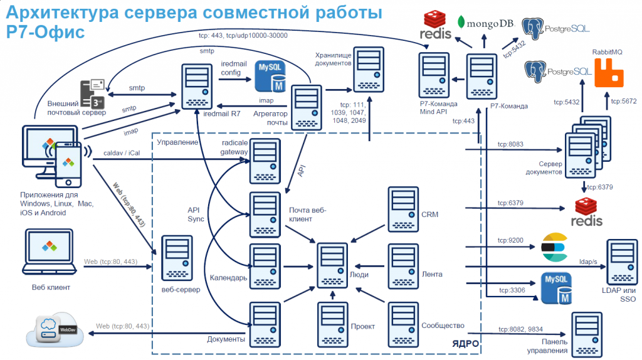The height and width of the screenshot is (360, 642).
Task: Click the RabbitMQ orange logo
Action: point(609,73)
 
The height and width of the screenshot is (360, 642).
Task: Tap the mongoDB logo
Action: point(485,23)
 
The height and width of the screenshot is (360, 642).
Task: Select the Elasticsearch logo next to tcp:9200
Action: point(555,247)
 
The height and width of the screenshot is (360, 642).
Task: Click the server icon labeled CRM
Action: point(403,209)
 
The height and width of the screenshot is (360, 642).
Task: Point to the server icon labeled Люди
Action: point(332,266)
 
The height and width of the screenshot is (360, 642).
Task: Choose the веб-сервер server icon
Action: point(177,258)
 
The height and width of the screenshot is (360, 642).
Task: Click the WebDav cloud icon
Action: point(55,329)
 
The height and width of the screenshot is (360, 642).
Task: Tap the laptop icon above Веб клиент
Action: point(49,251)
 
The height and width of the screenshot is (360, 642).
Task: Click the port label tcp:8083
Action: point(510,144)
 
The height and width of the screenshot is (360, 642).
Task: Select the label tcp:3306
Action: point(512,290)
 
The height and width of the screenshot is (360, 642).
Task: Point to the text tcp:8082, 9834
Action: point(520,329)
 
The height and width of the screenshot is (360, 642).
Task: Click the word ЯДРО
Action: point(466,343)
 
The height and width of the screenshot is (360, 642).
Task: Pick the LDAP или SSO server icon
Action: point(623,262)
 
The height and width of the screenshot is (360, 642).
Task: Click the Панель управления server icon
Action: point(587,335)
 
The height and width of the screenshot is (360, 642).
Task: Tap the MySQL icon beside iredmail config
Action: point(270,76)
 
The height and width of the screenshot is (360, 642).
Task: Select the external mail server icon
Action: point(93,94)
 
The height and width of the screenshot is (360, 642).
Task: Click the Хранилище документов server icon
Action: point(369,70)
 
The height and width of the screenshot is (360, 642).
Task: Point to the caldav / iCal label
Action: point(122,153)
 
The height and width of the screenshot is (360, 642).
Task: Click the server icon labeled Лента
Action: point(403,267)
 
